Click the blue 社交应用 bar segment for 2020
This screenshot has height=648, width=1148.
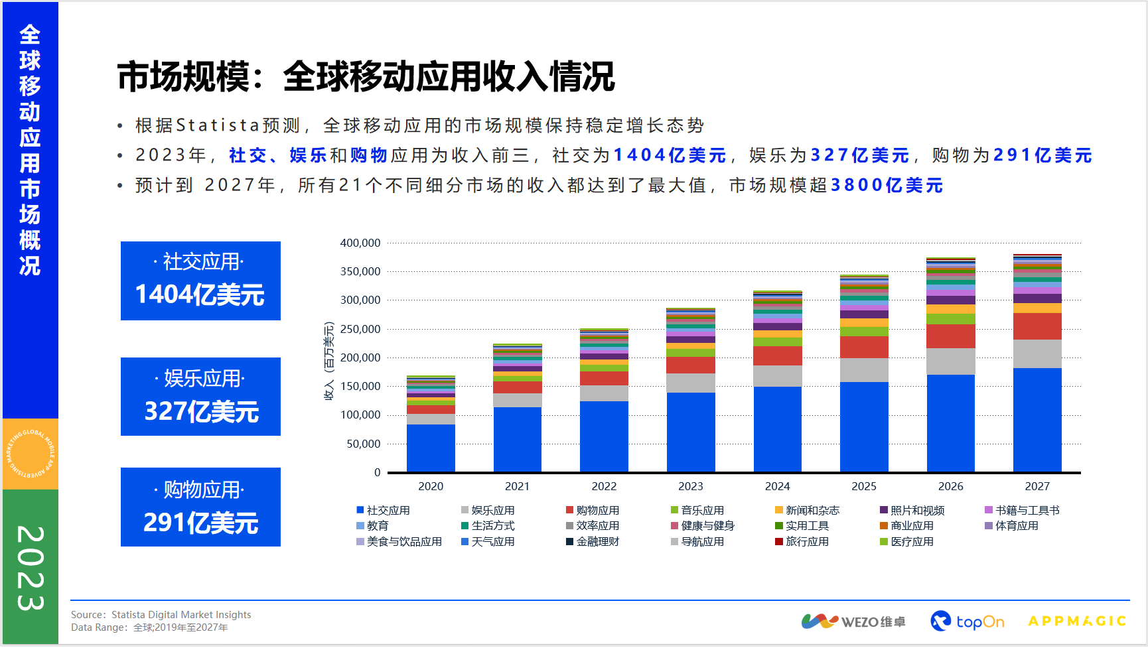[x=431, y=448]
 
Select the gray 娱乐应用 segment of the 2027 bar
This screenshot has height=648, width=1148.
[x=1037, y=354]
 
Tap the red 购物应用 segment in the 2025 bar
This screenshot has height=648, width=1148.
[x=864, y=347]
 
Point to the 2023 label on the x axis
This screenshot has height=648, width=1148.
[x=690, y=486]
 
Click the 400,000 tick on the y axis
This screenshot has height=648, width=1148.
[x=360, y=243]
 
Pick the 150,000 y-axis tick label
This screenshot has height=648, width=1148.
[x=360, y=386]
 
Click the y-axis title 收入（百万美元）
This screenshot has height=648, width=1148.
[x=329, y=361]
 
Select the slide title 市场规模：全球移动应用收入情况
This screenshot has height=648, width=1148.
[x=366, y=76]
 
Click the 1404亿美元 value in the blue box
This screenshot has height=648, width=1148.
[x=200, y=294]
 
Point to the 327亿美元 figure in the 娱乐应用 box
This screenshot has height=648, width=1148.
[x=202, y=411]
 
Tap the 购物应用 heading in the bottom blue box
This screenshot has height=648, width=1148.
[x=200, y=489]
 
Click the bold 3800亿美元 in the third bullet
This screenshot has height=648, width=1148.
[x=887, y=185]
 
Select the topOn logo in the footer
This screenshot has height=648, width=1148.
[x=968, y=621]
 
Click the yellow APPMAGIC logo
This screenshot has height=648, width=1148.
[x=1076, y=621]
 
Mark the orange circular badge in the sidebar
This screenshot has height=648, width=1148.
[x=31, y=454]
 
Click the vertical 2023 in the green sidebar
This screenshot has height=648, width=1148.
[x=31, y=568]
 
